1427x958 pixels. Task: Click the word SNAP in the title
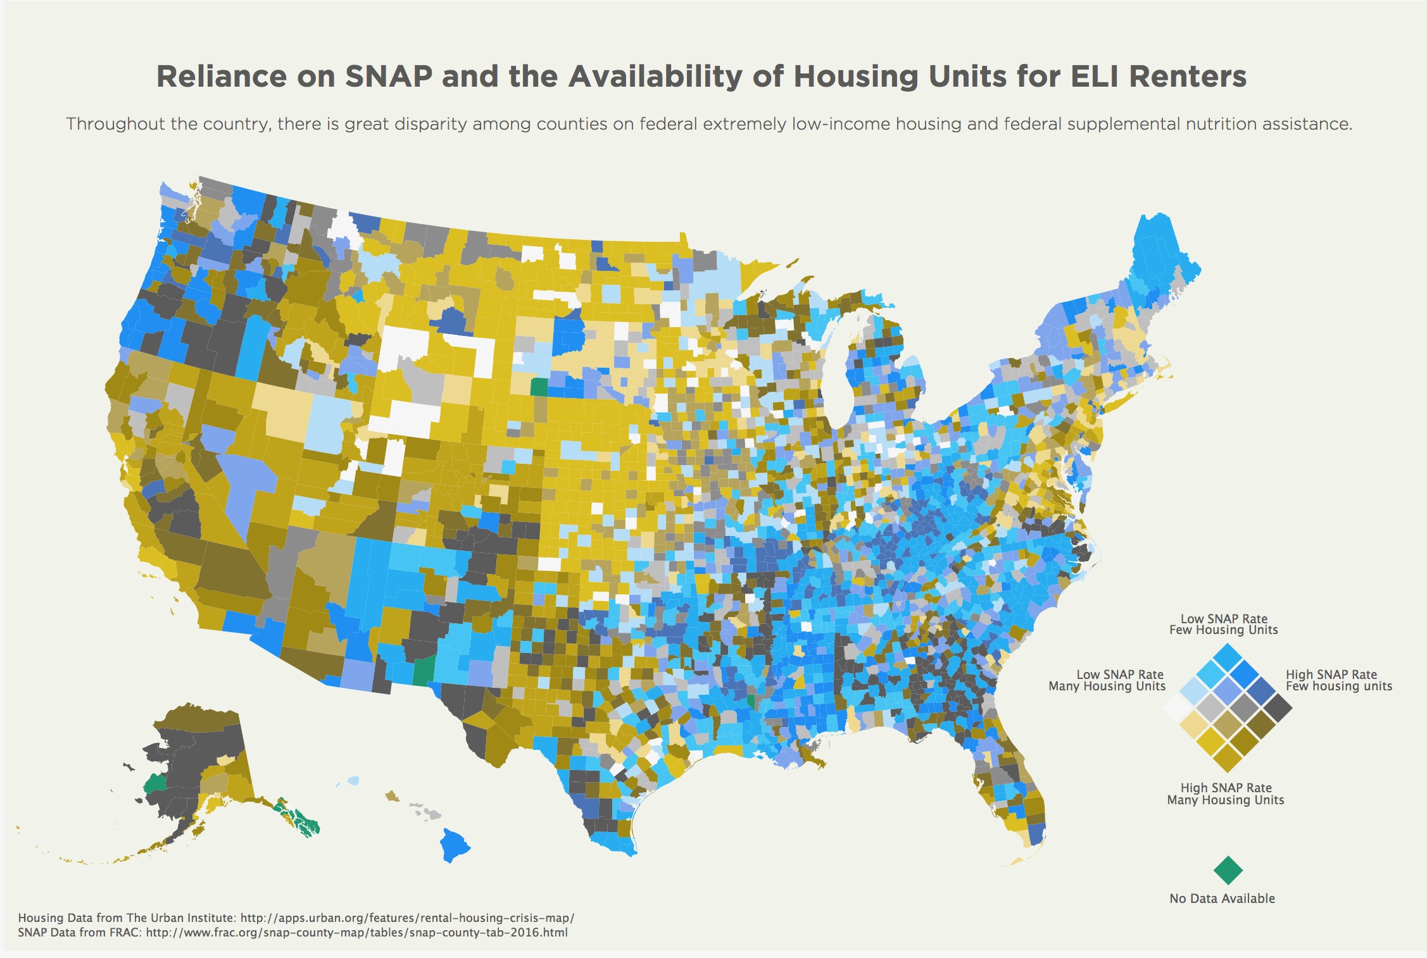(389, 77)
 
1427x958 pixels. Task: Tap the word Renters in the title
(1187, 77)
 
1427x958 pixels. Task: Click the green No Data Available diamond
(1228, 870)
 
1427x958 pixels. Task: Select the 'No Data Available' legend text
(1222, 899)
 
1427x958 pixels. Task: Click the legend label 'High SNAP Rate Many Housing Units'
(1226, 794)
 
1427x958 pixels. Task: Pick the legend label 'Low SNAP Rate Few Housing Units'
(1223, 624)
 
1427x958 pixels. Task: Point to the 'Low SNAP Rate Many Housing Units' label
(1107, 680)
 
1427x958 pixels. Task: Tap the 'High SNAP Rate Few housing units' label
(1338, 680)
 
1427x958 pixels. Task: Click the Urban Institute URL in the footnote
(407, 918)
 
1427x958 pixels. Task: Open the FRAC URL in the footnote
(356, 933)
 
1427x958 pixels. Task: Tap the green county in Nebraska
(539, 387)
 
